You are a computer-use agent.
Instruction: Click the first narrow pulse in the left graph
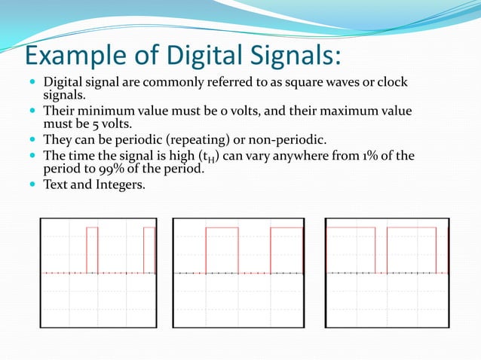(92, 249)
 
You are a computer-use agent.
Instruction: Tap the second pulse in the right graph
(411, 249)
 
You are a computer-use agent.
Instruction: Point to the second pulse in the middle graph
(286, 249)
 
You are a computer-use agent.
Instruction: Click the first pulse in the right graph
(351, 249)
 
